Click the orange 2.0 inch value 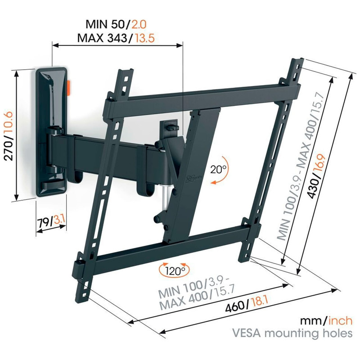(x=139, y=24)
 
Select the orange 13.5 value (x=144, y=38)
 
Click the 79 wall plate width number (x=43, y=223)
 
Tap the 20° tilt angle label (x=218, y=170)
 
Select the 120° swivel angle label (x=175, y=271)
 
